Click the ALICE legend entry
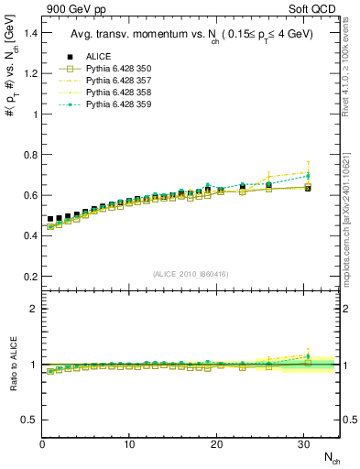click(x=94, y=56)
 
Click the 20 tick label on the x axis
click(x=216, y=444)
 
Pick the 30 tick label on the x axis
click(x=303, y=444)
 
